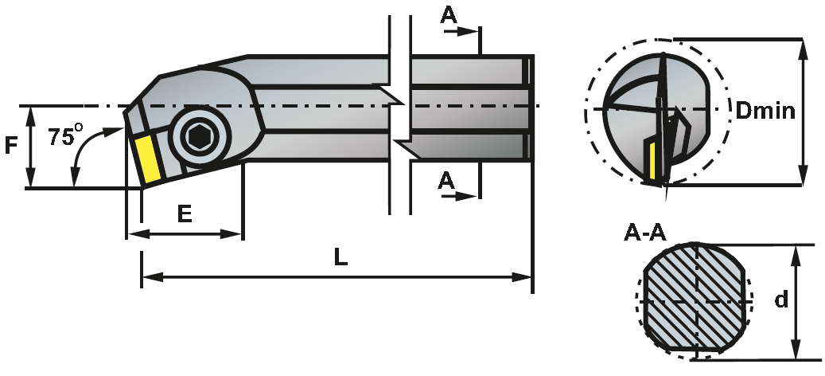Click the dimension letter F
[11, 145]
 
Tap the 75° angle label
[66, 135]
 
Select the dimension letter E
[184, 213]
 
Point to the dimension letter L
[341, 257]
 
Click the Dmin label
[765, 111]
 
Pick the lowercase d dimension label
[782, 299]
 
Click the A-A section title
[645, 233]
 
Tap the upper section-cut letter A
[448, 15]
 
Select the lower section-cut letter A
[446, 181]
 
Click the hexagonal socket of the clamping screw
[200, 137]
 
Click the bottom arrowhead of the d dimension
[796, 350]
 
